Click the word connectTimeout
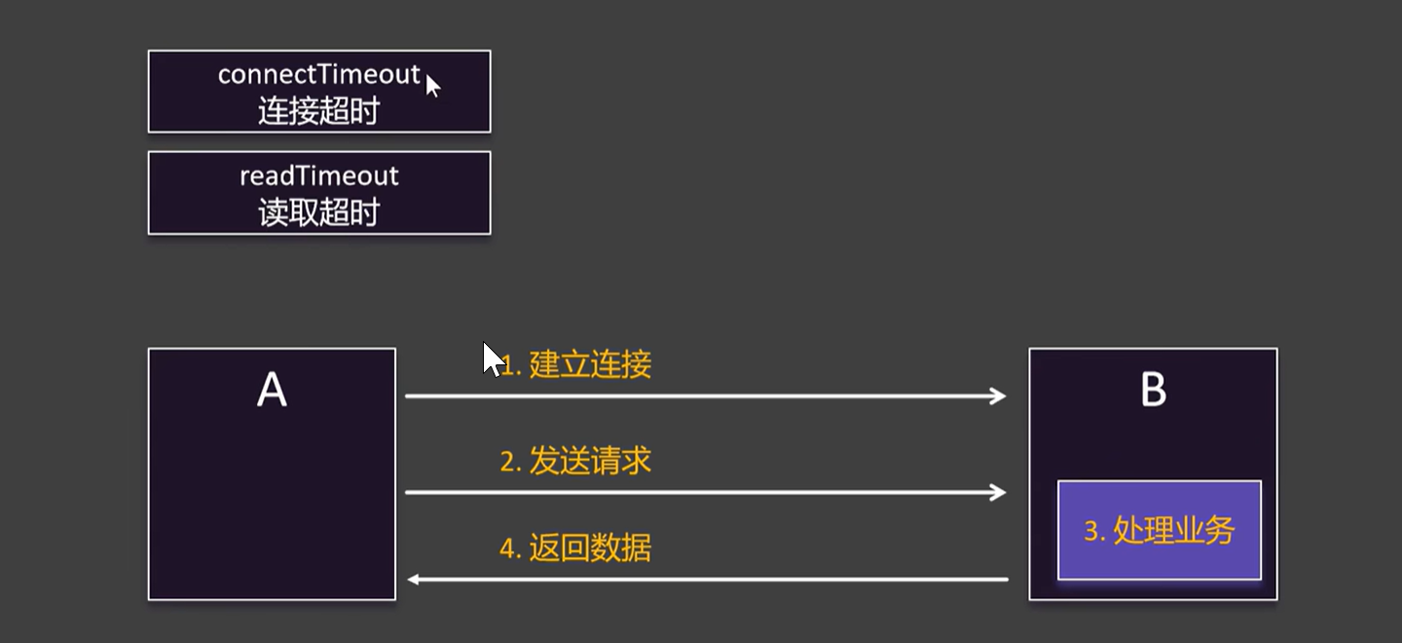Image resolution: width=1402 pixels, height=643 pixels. point(319,75)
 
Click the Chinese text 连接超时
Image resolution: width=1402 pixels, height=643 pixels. point(318,111)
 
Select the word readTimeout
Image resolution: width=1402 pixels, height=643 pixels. point(319,176)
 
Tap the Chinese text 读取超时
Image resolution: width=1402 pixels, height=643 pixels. point(318,212)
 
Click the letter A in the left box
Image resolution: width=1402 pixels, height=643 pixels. point(272,391)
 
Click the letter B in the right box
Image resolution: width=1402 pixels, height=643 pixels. point(1153,391)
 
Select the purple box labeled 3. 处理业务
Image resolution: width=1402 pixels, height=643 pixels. point(1159,530)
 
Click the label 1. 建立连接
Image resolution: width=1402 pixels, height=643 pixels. point(576,365)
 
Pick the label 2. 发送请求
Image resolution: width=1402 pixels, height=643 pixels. point(575,461)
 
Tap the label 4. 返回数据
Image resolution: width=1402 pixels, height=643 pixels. point(575,548)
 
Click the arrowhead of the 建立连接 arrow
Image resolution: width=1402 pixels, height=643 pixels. point(999,396)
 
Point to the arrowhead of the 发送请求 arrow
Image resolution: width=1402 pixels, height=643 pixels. point(999,492)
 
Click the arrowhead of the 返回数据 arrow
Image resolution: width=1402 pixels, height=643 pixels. point(414,580)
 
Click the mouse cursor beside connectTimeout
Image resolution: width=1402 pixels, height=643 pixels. point(432,86)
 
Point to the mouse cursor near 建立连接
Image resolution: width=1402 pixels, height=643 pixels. point(493,359)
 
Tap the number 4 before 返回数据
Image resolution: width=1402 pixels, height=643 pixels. point(506,549)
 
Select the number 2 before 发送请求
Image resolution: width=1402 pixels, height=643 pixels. point(506,462)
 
